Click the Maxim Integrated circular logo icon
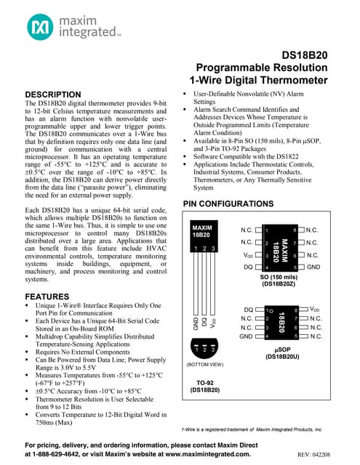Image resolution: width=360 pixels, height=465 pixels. point(41,28)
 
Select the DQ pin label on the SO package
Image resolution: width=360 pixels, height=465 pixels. point(247,267)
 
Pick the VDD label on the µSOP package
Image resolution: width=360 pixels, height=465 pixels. point(318,310)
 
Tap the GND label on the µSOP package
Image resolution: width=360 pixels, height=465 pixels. point(246,336)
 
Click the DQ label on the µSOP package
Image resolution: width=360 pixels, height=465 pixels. point(247,310)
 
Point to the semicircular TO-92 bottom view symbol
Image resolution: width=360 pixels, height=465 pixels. point(204,349)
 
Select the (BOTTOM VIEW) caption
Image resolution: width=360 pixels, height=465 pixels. point(204,363)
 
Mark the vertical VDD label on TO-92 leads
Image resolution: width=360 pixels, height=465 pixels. point(213,322)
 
